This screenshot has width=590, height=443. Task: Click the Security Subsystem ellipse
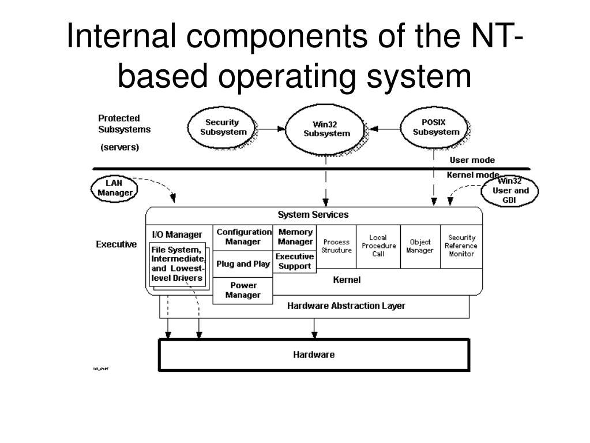click(x=222, y=127)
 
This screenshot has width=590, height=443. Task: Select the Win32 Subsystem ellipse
click(x=326, y=129)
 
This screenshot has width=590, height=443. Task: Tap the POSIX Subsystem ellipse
click(x=436, y=127)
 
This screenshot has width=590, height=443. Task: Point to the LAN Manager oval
click(x=114, y=188)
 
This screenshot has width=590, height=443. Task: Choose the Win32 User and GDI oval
click(x=510, y=191)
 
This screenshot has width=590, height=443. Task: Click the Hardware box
click(x=314, y=355)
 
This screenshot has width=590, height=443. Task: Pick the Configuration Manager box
click(x=243, y=237)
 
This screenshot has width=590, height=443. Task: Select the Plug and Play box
click(x=243, y=264)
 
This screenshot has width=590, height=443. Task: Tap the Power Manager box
click(x=243, y=290)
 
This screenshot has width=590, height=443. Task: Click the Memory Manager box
click(x=295, y=237)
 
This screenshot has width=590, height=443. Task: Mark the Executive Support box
click(x=295, y=262)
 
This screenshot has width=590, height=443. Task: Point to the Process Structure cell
click(x=336, y=246)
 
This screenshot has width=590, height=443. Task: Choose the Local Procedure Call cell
click(x=378, y=245)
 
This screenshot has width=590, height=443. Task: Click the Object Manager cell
click(x=420, y=246)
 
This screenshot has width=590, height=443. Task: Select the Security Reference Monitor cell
click(x=461, y=245)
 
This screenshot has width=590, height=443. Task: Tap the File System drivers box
click(x=176, y=265)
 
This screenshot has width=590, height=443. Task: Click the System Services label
click(x=313, y=215)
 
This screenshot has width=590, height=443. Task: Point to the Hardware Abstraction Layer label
click(x=346, y=306)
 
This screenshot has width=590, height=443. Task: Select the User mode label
click(x=472, y=160)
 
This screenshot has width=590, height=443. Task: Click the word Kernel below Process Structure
click(x=347, y=280)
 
